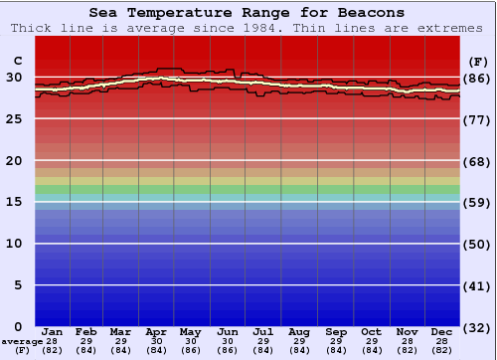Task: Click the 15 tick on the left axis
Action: point(16,202)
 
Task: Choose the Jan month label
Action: point(53,331)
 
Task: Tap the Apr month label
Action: point(156,331)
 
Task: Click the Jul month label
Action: point(263,331)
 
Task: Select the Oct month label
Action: point(371,331)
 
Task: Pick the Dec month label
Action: point(442,331)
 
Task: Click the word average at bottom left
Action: point(22,341)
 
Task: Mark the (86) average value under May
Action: point(192,349)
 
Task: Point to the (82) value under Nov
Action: point(407,349)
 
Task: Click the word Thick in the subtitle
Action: point(34,28)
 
